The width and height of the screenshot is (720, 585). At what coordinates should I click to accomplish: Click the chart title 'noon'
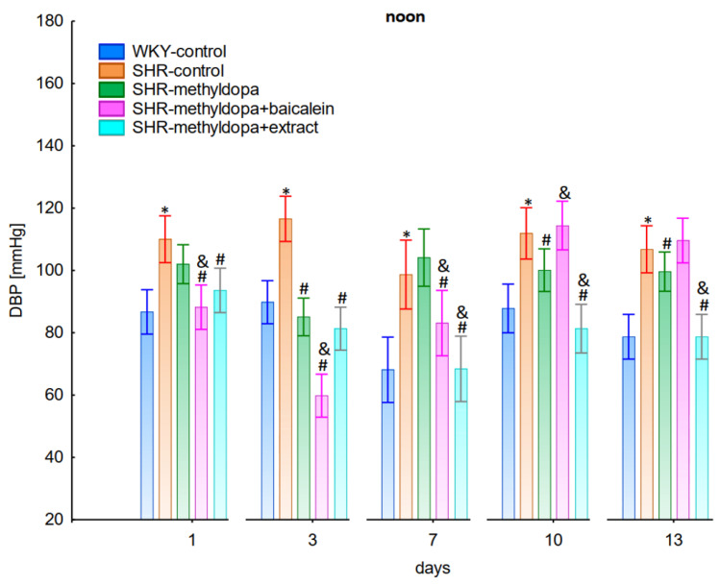click(x=405, y=17)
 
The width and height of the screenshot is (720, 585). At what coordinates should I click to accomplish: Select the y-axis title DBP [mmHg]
click(x=16, y=270)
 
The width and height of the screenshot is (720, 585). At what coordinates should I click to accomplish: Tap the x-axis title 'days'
click(x=433, y=568)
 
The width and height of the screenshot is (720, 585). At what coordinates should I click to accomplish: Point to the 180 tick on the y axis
click(x=51, y=21)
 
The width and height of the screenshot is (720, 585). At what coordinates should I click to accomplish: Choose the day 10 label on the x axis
click(x=554, y=540)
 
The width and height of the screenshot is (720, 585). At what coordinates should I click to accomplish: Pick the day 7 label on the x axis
click(x=433, y=540)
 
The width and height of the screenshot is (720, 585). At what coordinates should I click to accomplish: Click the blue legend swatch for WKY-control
click(x=112, y=51)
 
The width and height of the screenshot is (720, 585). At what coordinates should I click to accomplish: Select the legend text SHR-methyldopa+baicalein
click(x=234, y=109)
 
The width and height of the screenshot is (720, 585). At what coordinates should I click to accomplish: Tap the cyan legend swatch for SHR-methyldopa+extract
click(x=112, y=128)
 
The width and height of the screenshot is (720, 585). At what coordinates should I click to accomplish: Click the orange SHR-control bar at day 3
click(x=286, y=369)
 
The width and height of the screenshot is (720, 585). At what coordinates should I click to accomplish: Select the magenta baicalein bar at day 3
click(x=322, y=457)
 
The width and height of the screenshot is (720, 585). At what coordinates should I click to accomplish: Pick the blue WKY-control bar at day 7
click(x=388, y=444)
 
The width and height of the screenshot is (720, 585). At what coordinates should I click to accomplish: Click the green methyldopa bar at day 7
click(x=424, y=388)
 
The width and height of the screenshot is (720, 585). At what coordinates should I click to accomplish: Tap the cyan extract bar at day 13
click(x=702, y=428)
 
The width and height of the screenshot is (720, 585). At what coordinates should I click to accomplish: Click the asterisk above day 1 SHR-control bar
click(x=164, y=210)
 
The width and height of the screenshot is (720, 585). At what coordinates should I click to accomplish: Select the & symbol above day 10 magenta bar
click(x=564, y=192)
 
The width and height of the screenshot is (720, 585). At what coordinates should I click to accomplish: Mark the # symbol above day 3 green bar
click(x=304, y=289)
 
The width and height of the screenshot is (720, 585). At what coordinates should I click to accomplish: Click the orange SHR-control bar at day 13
click(x=647, y=384)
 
